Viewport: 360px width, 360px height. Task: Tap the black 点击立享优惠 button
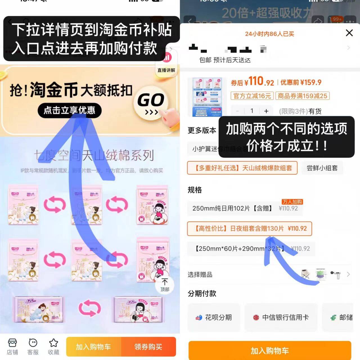(69, 110)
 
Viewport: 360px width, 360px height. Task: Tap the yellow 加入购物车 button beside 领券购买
(93, 347)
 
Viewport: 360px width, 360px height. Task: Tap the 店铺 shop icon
(12, 346)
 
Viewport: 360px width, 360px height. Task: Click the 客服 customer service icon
(33, 346)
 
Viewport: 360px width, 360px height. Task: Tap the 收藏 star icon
(53, 346)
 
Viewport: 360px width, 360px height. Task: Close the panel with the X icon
(349, 33)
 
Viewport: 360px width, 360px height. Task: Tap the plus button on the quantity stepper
(266, 111)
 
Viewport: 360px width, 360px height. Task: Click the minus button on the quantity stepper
(238, 111)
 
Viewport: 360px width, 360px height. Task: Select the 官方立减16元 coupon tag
(252, 96)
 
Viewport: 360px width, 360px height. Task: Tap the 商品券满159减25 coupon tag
(302, 96)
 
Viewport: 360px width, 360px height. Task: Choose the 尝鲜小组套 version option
(322, 168)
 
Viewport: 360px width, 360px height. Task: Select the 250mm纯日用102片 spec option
(245, 208)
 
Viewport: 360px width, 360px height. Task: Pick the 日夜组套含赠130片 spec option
(249, 228)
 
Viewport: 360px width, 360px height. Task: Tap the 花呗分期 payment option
(214, 318)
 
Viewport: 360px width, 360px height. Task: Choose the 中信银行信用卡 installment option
(281, 318)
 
